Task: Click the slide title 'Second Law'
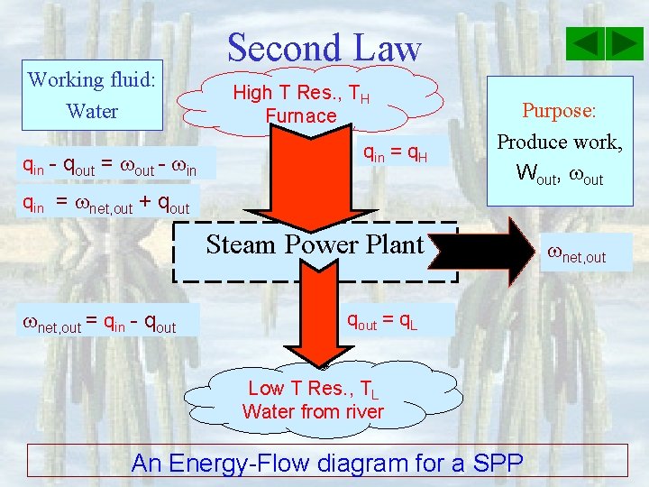pos(324,47)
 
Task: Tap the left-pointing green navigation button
pos(587,43)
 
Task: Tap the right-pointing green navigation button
pos(624,43)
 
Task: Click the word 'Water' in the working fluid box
pos(92,112)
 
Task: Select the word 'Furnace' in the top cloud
pos(301,115)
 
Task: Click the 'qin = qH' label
pos(394,157)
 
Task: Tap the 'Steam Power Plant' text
pos(315,244)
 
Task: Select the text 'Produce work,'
pos(560,142)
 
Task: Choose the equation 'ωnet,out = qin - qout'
pos(98,322)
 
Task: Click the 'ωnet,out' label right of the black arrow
pos(577,256)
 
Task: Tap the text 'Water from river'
pos(313,412)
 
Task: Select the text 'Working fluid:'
pos(92,79)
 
